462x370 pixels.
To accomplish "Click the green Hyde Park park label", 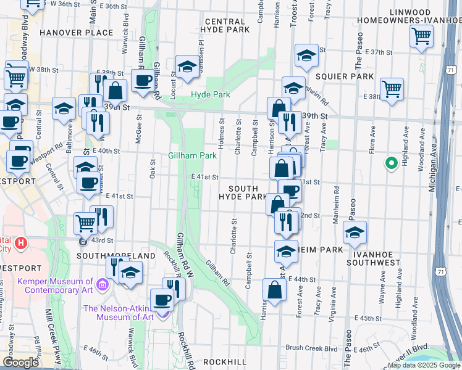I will click(210, 94).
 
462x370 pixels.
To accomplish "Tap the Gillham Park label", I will click(192, 156).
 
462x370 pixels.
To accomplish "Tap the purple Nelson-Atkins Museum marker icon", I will click(163, 313).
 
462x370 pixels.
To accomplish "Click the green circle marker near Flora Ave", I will click(390, 163).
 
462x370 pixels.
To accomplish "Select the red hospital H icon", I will click(22, 243).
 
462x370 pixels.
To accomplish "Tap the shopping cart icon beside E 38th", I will click(392, 89).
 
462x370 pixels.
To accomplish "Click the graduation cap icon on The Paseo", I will click(355, 232).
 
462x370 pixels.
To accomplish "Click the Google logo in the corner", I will click(21, 363).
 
